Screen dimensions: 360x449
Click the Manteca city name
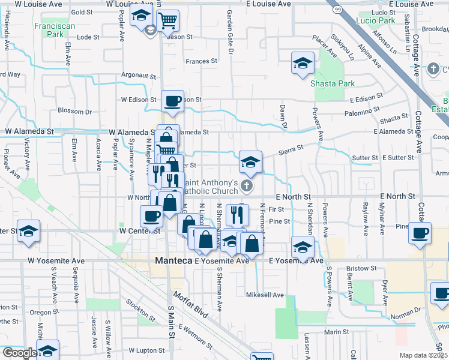point(173,261)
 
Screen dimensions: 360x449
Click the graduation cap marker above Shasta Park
point(303,62)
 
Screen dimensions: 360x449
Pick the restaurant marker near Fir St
point(238,213)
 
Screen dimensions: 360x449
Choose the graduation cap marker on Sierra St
point(250,161)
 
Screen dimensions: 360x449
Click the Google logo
point(19,353)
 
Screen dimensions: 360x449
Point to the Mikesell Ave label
point(265,295)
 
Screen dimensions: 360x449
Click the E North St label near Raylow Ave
point(397,196)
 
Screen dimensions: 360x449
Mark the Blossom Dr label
point(74,111)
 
